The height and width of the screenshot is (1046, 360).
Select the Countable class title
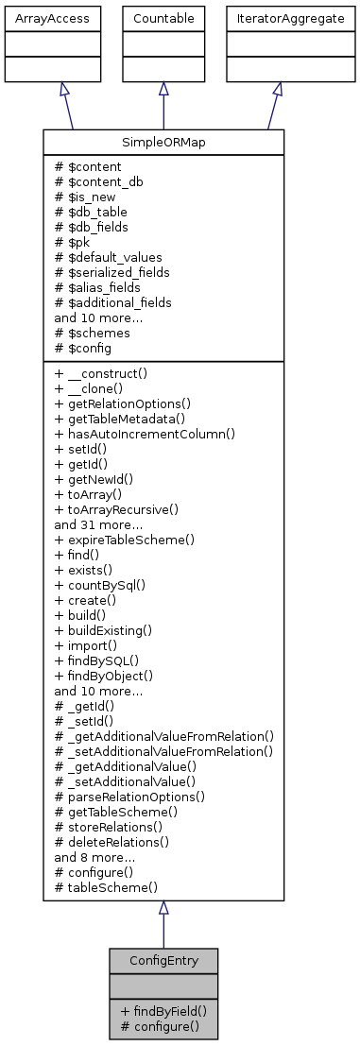coord(163,18)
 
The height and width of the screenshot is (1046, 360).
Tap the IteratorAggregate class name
coord(277,18)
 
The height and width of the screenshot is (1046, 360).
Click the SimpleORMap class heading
coord(163,143)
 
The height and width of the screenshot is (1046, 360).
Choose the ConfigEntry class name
coord(163,960)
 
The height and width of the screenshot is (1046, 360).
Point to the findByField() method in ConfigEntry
coord(163,1010)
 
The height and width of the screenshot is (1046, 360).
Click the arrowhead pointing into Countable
coord(163,88)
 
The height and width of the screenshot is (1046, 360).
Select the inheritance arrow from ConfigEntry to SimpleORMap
coord(163,926)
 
